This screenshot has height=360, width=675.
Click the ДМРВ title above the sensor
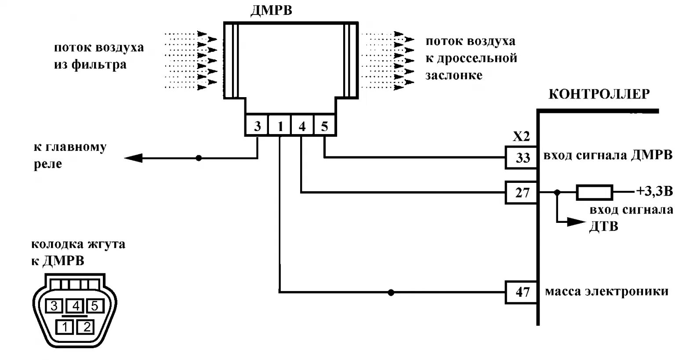(x=271, y=11)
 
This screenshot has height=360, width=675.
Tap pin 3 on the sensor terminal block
(x=257, y=126)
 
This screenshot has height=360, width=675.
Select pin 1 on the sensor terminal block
(x=280, y=127)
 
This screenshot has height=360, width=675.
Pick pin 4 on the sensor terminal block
(x=302, y=127)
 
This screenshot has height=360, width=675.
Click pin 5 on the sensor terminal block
(x=324, y=127)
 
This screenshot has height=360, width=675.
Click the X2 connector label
(x=521, y=137)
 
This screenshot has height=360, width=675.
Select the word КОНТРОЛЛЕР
(x=599, y=94)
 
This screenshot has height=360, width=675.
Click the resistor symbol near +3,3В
(x=594, y=192)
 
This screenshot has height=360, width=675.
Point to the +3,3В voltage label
(x=654, y=192)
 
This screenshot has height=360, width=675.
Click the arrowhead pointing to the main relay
(x=134, y=158)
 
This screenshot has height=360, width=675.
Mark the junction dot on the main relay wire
(x=199, y=158)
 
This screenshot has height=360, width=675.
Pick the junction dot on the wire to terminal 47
(x=391, y=292)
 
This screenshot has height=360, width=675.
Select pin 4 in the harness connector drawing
(x=76, y=305)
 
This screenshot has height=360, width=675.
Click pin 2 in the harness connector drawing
(x=87, y=327)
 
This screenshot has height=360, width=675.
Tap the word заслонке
(x=454, y=75)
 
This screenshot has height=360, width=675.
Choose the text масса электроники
(x=606, y=291)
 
